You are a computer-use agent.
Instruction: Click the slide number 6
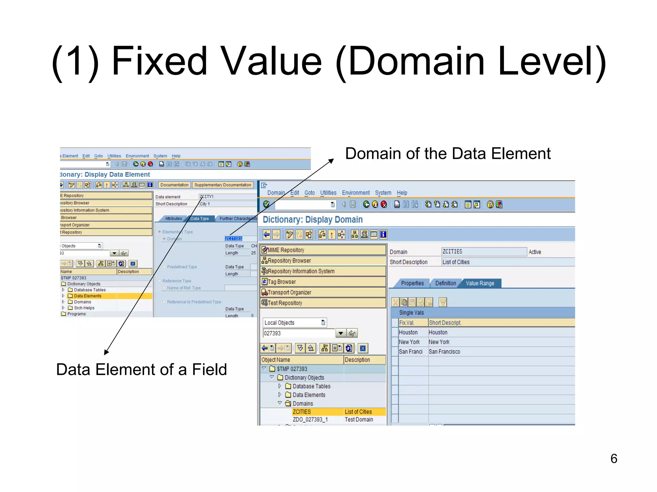[613, 458]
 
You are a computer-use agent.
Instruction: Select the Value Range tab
[480, 283]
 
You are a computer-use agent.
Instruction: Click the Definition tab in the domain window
[445, 283]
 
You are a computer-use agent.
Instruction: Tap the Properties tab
[412, 283]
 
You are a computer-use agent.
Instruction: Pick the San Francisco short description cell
[444, 352]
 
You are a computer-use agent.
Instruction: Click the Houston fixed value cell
[408, 332]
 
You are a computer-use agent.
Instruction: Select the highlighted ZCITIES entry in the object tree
[302, 412]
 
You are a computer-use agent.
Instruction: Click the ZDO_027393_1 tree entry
[310, 420]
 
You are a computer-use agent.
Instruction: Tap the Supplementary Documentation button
[223, 185]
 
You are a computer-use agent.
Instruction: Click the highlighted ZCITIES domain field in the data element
[234, 239]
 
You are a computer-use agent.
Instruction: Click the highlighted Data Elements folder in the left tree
[88, 296]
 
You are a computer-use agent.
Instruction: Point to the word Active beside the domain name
[535, 252]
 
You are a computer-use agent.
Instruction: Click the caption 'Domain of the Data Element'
[448, 154]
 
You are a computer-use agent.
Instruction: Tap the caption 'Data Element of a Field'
[141, 369]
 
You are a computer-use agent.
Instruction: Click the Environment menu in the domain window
[356, 193]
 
